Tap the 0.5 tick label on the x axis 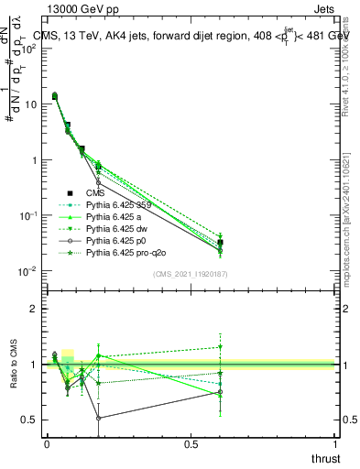tap(191, 444)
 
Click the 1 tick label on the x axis tap(335, 444)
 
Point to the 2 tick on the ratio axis tap(34, 309)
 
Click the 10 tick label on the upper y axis tap(32, 104)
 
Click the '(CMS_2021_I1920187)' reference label tap(191, 274)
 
